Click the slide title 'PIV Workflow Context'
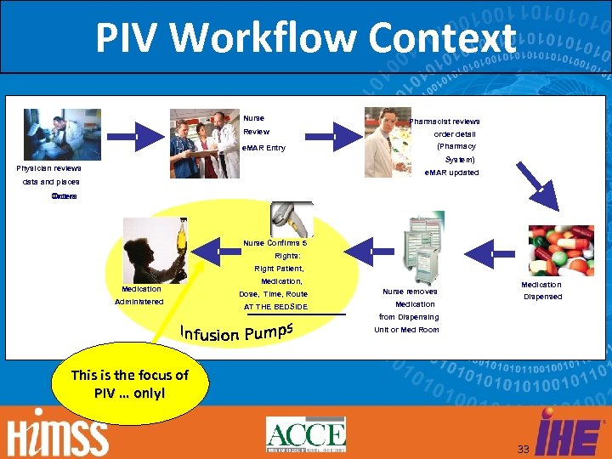pos(305,37)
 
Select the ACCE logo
pos(306,434)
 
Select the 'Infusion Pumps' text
pos(237,329)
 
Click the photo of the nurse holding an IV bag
pos(155,250)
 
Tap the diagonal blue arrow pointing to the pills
pos(537,186)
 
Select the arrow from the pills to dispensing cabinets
pos(491,252)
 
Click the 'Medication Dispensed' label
pos(541,291)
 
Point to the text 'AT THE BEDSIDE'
pos(275,307)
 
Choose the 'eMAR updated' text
pos(451,173)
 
